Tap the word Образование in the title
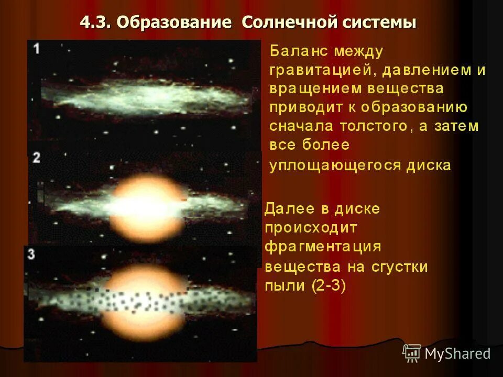click(173, 23)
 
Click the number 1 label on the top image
click(36, 49)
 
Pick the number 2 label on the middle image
click(36, 157)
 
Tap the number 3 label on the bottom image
click(31, 255)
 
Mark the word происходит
click(311, 227)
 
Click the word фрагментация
click(323, 247)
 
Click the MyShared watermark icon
click(412, 353)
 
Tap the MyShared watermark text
click(457, 353)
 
